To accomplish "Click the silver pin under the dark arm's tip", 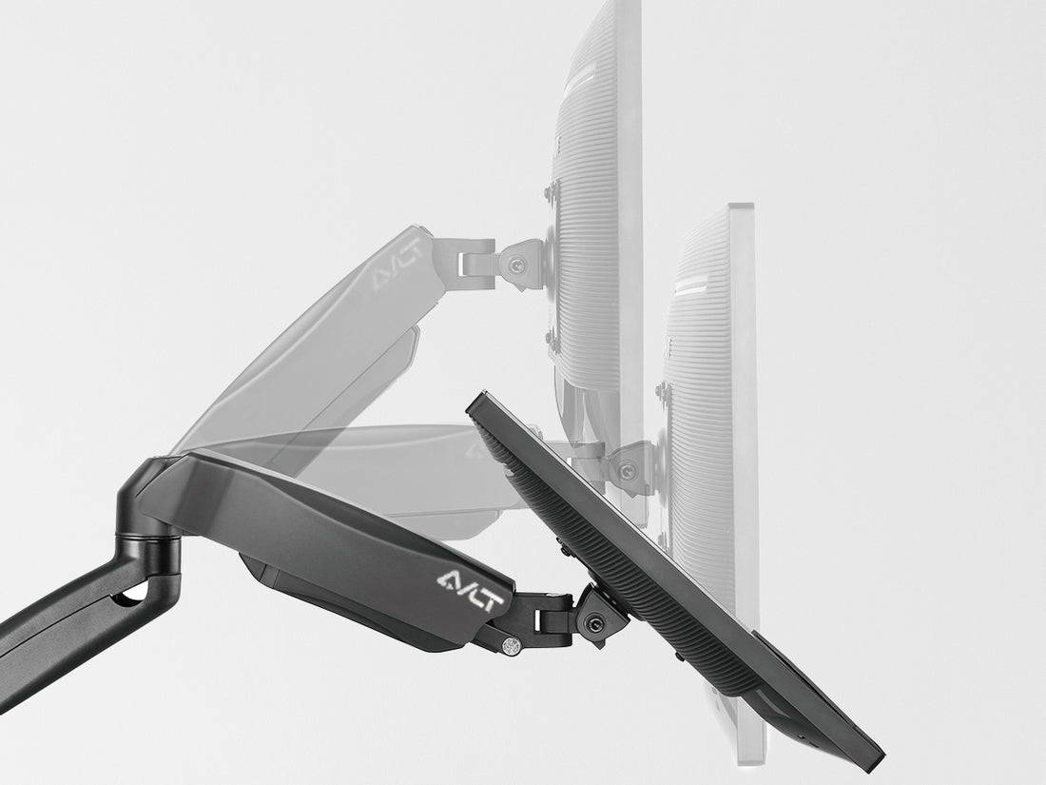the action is coord(512,645).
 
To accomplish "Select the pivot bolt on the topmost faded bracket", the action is coord(514,266).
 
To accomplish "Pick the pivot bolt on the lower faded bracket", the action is coord(626,471).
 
